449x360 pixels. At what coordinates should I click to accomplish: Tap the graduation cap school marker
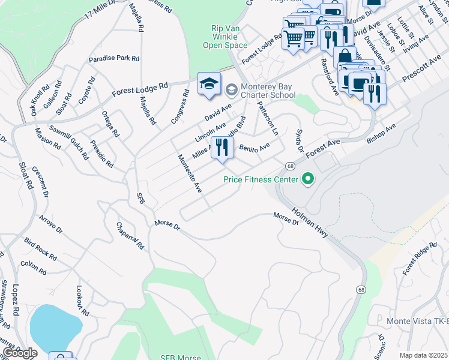tap(209, 85)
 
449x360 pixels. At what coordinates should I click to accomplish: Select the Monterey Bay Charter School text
tap(268, 91)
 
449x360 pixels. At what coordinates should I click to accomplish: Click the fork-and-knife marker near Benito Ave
tap(222, 148)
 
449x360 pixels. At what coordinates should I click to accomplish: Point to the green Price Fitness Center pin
tap(308, 179)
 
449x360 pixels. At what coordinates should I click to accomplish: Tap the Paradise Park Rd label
tap(114, 59)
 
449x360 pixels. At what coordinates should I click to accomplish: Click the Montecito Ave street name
tap(189, 173)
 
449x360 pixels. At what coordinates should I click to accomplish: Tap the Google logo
tap(20, 353)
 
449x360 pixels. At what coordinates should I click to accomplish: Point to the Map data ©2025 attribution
tap(423, 355)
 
